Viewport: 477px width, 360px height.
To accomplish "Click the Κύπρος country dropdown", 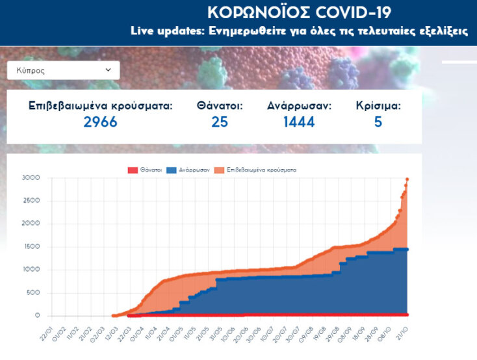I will tap(63, 70).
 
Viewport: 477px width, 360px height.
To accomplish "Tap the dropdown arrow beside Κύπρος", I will tap(108, 70).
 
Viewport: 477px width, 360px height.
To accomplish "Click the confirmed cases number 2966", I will tap(100, 122).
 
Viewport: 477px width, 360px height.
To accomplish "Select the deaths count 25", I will tap(220, 122).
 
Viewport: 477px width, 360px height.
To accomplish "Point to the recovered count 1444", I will tap(299, 122).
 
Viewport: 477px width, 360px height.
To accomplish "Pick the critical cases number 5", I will tap(378, 122).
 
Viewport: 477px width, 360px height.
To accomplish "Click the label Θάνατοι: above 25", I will tap(220, 105).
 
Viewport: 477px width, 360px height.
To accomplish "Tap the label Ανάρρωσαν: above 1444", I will tap(299, 105).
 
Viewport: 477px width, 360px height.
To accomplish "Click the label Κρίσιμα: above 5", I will tap(378, 105).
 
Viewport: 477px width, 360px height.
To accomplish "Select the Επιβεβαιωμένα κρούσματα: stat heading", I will tap(100, 105).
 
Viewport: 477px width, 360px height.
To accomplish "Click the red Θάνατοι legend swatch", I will tap(133, 170).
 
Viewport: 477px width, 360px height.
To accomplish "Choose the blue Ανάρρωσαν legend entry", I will tap(188, 170).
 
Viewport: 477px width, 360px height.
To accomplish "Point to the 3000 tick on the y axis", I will tap(31, 177).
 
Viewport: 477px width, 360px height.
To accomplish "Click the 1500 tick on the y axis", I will tap(31, 247).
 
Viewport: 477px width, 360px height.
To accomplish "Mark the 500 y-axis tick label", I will tap(32, 292).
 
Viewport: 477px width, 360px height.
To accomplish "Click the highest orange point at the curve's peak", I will tap(407, 179).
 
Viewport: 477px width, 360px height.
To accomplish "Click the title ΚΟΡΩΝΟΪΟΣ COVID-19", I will tap(299, 13).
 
